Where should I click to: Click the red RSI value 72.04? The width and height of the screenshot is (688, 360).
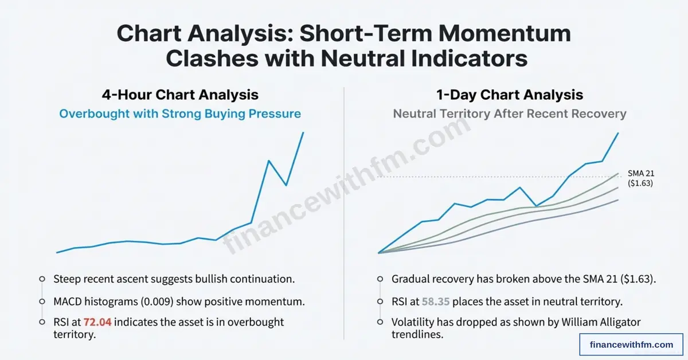pos(97,322)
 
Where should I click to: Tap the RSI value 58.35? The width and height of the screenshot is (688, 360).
pos(436,302)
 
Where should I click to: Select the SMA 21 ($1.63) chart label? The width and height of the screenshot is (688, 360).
pos(641,178)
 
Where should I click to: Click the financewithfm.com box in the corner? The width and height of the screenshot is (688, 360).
pos(631,345)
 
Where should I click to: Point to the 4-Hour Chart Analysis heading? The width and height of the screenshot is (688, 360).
pos(180,95)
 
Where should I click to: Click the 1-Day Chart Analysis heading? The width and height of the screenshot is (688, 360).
pos(510,95)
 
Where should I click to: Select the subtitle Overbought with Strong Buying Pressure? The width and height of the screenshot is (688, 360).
pos(180,114)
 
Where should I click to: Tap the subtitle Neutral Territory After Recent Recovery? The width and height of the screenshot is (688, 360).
pos(510,114)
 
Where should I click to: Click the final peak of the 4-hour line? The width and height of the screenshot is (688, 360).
pos(303,132)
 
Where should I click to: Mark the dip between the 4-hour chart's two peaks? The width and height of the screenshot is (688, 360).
pos(286,185)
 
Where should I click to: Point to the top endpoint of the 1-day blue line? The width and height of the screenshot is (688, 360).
pos(618,133)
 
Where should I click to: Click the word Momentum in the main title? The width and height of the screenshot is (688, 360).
pos(505,33)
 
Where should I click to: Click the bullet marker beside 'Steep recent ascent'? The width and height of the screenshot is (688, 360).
pos(42,279)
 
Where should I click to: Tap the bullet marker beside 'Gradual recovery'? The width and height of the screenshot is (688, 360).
pos(380,279)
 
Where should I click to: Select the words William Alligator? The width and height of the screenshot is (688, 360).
pos(601,322)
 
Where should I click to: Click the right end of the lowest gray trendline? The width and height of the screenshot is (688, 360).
pos(618,200)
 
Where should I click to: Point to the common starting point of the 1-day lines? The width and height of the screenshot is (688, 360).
pos(379,253)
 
